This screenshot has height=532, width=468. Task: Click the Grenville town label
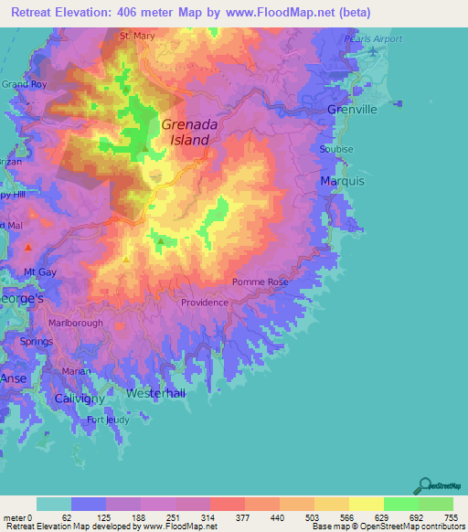(x=352, y=110)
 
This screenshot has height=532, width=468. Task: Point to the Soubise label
(x=335, y=149)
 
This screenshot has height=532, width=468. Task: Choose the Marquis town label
(x=343, y=182)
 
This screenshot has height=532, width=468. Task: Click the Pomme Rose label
(x=261, y=282)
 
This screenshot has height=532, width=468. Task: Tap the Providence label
(x=204, y=303)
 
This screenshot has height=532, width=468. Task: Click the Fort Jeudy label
(x=108, y=420)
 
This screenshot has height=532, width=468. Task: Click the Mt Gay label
(x=41, y=272)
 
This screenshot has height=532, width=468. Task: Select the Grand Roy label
(x=23, y=84)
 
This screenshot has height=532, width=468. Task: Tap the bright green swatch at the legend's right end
(x=435, y=504)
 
